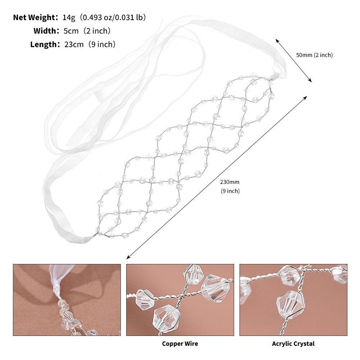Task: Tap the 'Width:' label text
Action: click(x=46, y=31)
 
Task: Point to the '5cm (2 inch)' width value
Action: click(x=87, y=31)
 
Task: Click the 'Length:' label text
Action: click(x=45, y=45)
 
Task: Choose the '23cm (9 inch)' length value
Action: click(x=90, y=45)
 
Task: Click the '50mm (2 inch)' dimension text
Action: click(x=314, y=55)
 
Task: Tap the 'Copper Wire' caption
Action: click(x=180, y=344)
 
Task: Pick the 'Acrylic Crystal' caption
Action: click(x=293, y=344)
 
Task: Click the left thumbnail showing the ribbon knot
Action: click(x=67, y=300)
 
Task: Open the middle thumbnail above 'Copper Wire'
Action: click(x=180, y=300)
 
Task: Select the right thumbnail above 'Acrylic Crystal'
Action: click(x=293, y=300)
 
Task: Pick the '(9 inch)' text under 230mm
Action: click(x=230, y=191)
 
